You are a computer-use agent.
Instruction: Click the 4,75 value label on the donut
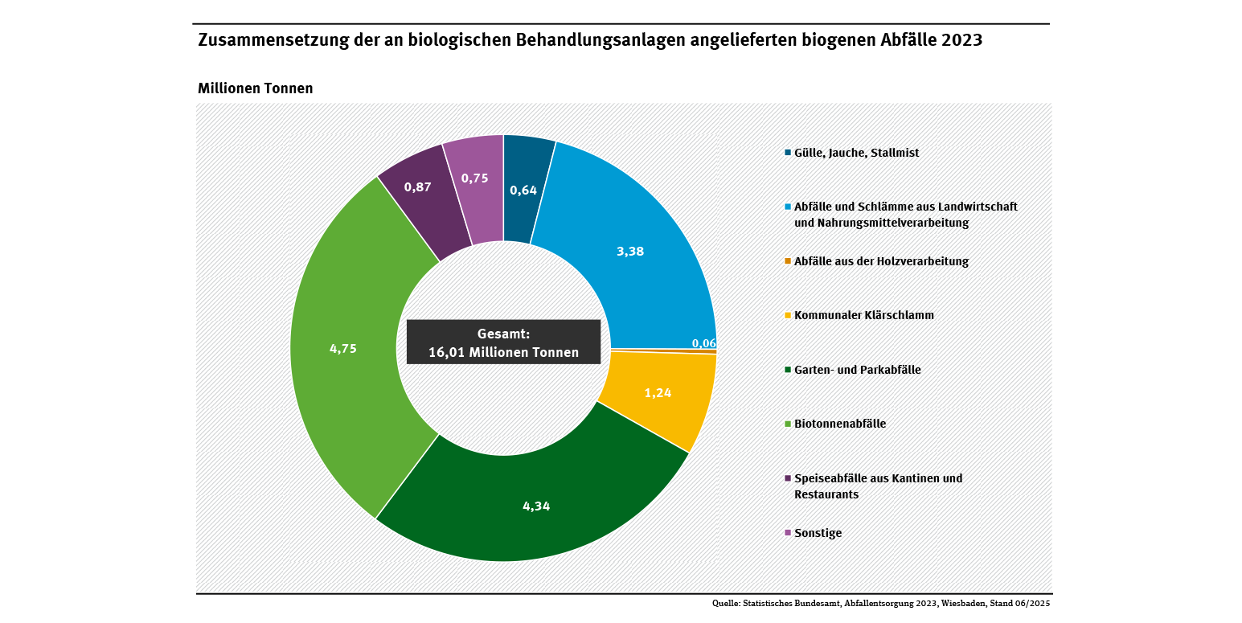[343, 349]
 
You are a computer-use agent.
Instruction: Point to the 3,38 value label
[630, 251]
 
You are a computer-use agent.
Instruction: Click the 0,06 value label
[704, 343]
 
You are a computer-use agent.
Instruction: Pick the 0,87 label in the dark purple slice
[418, 186]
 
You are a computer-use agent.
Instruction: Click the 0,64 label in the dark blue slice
[523, 191]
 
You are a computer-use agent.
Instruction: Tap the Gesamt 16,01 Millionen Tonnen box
[503, 342]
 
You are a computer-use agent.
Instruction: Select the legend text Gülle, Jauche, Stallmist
[856, 153]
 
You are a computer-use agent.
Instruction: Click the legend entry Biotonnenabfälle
[840, 424]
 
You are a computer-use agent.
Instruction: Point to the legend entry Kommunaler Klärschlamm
[864, 315]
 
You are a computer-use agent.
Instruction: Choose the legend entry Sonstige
[818, 533]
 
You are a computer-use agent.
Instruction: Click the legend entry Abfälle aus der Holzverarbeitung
[881, 261]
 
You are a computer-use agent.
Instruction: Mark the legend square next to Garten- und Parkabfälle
[788, 370]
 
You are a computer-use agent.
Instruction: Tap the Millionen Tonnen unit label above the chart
[255, 88]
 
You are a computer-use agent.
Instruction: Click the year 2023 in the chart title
[961, 40]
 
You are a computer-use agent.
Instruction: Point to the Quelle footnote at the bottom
[881, 603]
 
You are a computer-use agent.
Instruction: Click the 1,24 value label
[658, 393]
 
